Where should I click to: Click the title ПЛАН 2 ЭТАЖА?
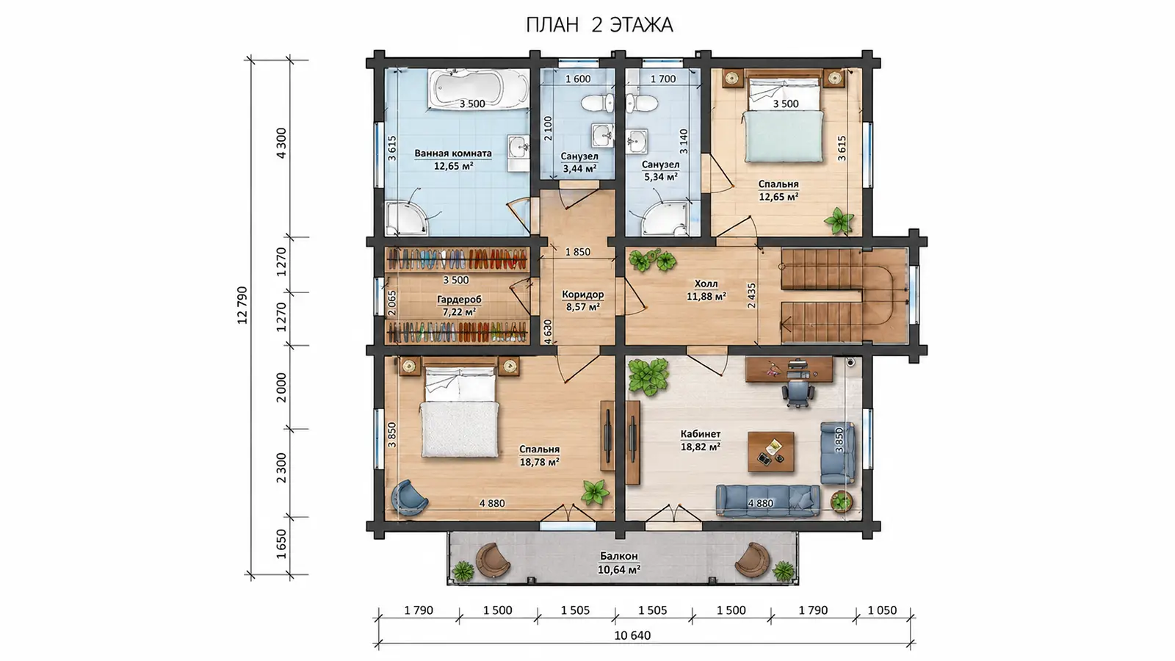click(599, 25)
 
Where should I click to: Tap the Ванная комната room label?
click(453, 153)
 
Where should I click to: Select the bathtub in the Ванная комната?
click(478, 90)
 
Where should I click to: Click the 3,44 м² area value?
click(579, 169)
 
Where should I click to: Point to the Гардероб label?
click(459, 300)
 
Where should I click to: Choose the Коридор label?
click(583, 295)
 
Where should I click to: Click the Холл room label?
click(706, 283)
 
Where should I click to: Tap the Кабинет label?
click(701, 434)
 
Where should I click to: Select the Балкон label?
click(619, 556)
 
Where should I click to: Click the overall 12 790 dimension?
click(242, 305)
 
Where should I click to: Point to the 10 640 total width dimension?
click(632, 636)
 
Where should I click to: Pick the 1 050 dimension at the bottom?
click(882, 610)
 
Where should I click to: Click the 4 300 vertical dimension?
click(282, 142)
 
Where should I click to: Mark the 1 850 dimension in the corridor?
click(577, 253)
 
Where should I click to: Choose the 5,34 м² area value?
click(661, 177)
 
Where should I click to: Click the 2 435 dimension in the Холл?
click(752, 296)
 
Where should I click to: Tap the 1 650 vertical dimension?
click(282, 544)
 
